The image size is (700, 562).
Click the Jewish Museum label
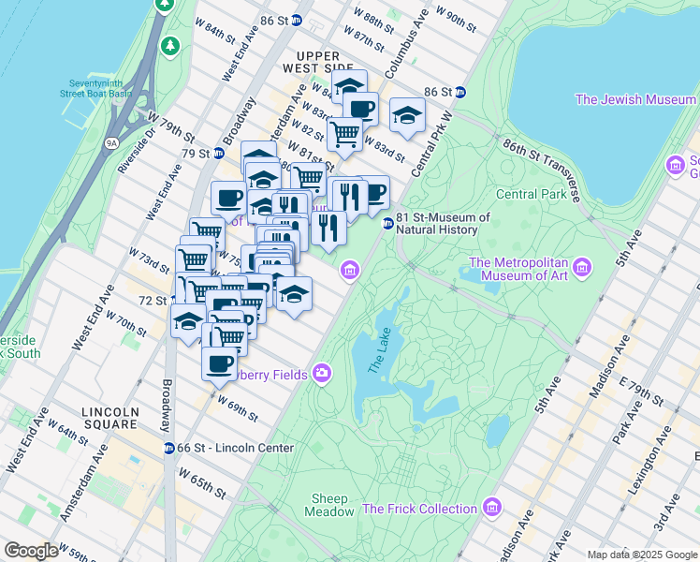[635, 99]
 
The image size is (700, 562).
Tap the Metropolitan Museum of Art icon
[583, 269]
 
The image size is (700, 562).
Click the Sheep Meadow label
[329, 505]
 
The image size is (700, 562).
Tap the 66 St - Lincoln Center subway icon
[169, 449]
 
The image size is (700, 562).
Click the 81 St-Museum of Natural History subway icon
[386, 223]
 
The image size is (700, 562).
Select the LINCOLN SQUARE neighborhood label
[110, 418]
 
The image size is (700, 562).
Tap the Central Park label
[531, 195]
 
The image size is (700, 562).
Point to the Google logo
[31, 551]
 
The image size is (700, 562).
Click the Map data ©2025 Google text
[641, 555]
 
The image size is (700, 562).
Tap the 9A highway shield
[111, 143]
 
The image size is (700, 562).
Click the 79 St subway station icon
[218, 154]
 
